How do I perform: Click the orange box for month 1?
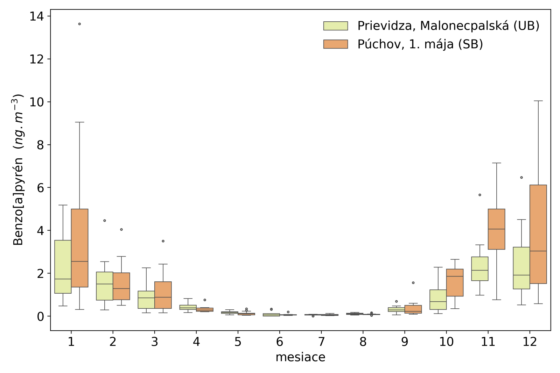(x=79, y=248)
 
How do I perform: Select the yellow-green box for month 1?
(x=63, y=267)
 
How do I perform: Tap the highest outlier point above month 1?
(x=79, y=24)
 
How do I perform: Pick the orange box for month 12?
(x=538, y=234)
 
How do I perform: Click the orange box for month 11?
(x=496, y=229)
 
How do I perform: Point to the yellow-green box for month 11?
(x=480, y=268)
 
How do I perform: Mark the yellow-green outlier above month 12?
(x=521, y=178)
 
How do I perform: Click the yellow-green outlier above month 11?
(x=480, y=195)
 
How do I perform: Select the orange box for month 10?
(x=455, y=282)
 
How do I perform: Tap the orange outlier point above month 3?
(x=163, y=241)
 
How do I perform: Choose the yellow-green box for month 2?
(x=105, y=286)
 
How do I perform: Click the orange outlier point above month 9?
(x=413, y=283)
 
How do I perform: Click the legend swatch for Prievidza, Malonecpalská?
(x=335, y=26)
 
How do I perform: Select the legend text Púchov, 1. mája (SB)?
(x=420, y=44)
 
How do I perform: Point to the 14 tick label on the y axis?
(x=36, y=16)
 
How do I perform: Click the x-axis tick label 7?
(x=321, y=342)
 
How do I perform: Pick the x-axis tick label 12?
(x=530, y=342)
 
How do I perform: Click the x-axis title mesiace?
(x=300, y=357)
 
